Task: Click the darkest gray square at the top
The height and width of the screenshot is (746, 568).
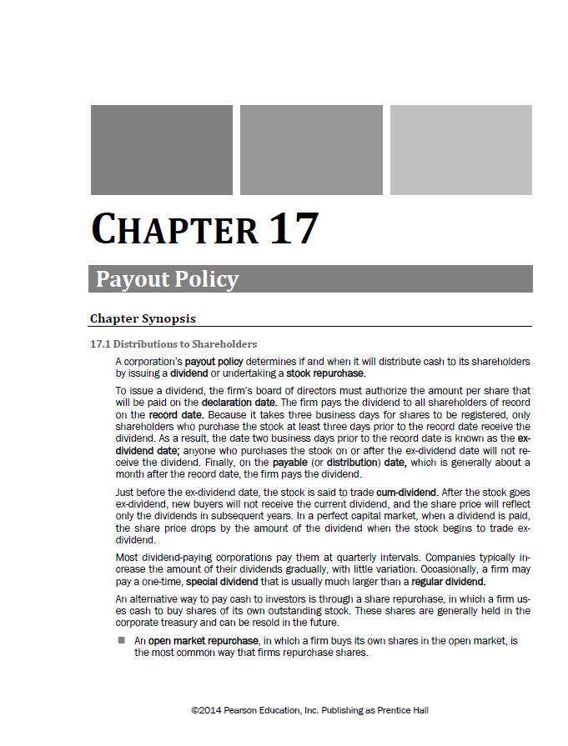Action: click(161, 149)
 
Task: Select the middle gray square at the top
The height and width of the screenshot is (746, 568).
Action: click(311, 149)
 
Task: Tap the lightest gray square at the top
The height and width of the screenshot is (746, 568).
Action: click(460, 149)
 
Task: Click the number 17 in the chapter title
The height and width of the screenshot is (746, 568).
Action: click(293, 228)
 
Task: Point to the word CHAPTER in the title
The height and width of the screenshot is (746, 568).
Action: click(174, 229)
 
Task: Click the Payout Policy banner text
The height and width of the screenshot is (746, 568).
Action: click(167, 278)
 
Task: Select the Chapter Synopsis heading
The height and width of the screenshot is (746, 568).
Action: click(143, 318)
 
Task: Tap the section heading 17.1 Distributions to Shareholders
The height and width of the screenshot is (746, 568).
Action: click(173, 343)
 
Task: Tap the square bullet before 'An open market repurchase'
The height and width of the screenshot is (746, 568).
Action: click(121, 640)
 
